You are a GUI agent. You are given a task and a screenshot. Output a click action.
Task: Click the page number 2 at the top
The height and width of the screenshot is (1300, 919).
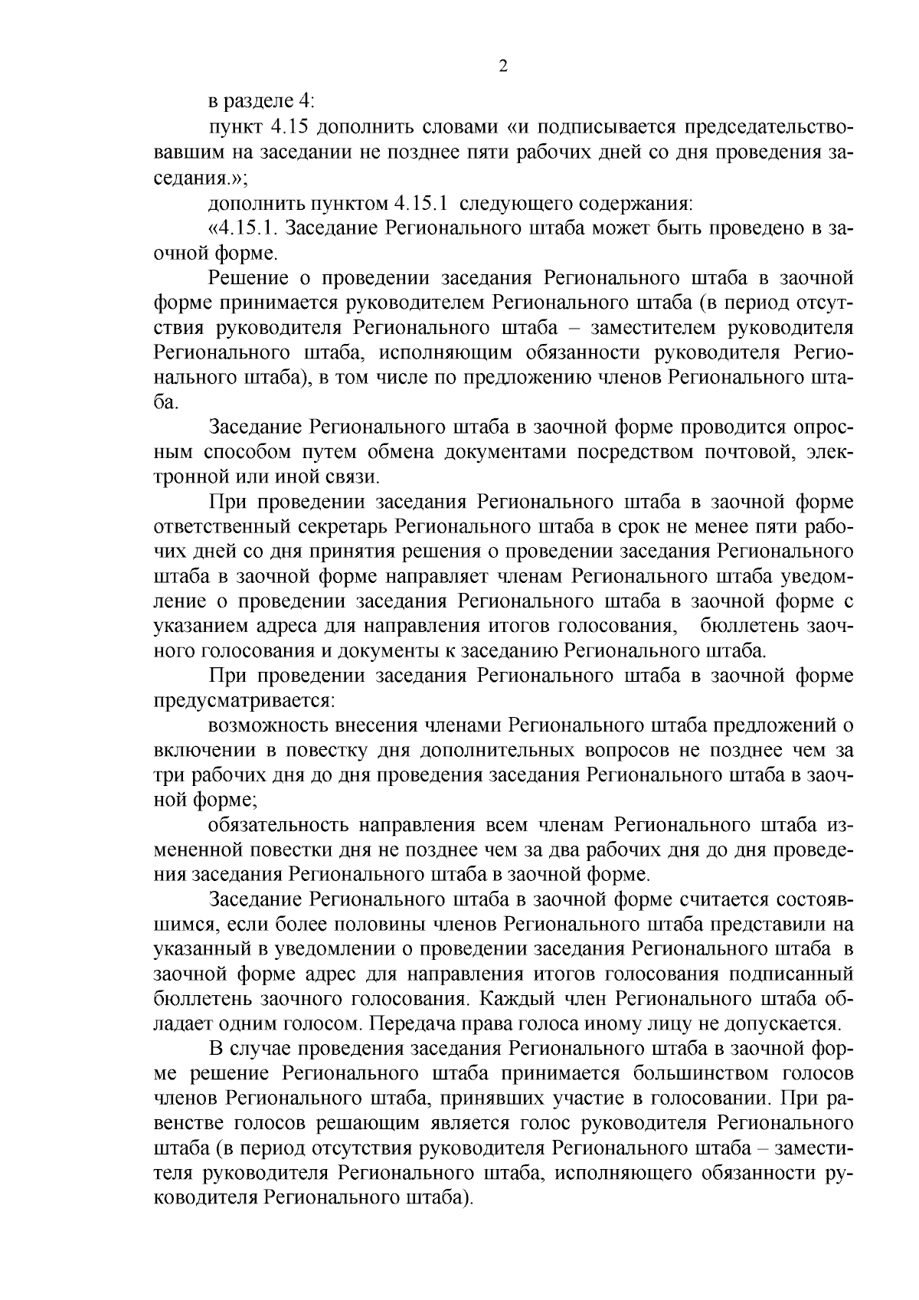[503, 67]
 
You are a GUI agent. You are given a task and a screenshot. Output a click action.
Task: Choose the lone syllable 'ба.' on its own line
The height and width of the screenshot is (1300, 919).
[165, 401]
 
